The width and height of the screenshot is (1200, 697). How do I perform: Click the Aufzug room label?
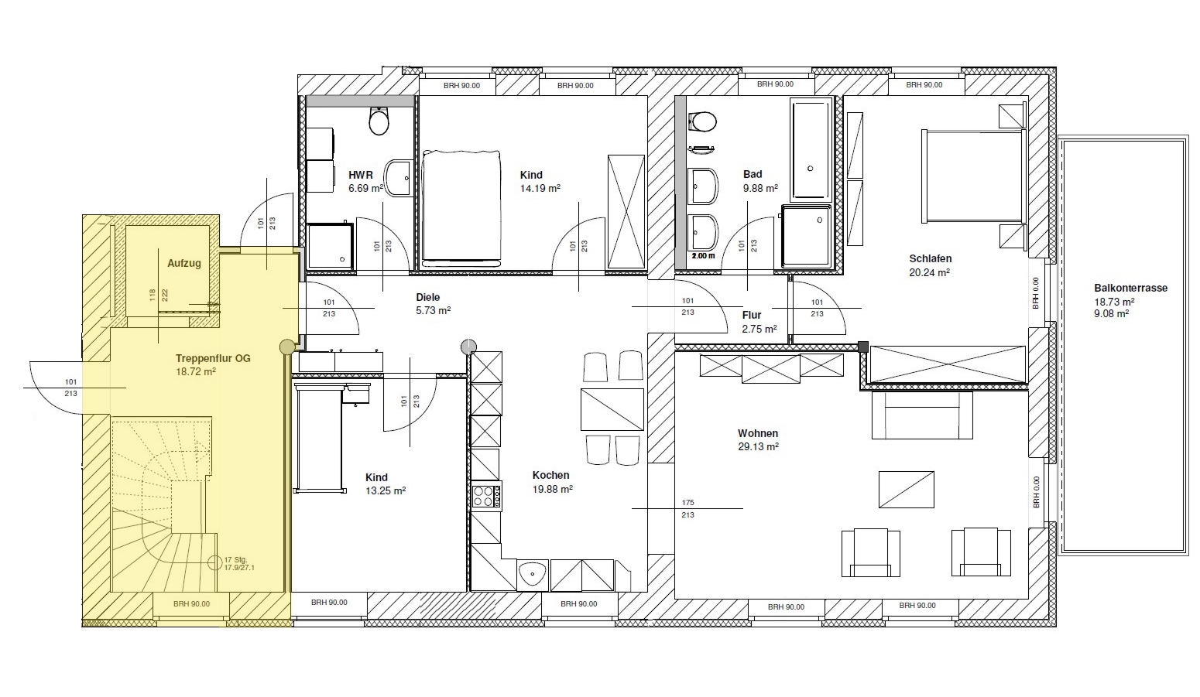click(183, 263)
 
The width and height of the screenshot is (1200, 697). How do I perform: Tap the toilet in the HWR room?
click(379, 121)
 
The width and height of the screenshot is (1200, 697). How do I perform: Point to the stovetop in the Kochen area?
click(486, 496)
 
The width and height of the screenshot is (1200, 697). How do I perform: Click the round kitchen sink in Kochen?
click(533, 575)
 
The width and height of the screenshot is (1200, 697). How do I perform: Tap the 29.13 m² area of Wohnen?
click(758, 446)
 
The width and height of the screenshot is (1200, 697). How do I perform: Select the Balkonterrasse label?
click(1130, 288)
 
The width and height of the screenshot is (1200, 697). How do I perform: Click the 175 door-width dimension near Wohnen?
click(687, 502)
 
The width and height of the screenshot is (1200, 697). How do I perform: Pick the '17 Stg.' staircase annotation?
click(235, 559)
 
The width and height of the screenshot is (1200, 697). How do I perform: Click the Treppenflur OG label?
click(213, 358)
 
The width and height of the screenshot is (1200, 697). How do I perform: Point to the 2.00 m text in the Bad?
click(703, 256)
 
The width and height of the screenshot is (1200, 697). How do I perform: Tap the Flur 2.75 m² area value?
click(759, 330)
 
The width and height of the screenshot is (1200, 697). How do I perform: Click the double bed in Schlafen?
click(972, 175)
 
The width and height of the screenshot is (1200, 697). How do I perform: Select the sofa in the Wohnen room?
click(922, 415)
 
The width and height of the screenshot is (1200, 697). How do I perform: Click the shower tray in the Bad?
click(806, 235)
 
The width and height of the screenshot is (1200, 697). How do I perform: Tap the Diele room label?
click(427, 297)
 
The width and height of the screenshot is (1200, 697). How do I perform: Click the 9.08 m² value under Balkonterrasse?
click(1111, 314)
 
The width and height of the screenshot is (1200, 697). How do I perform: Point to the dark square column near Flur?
click(862, 347)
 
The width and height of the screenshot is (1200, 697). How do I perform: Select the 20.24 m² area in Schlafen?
click(930, 272)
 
